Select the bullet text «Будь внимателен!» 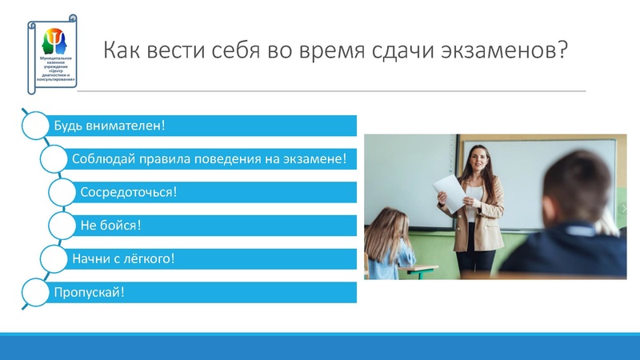coord(109,126)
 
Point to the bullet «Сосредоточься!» coord(128,192)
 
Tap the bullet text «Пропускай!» coord(89,292)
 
